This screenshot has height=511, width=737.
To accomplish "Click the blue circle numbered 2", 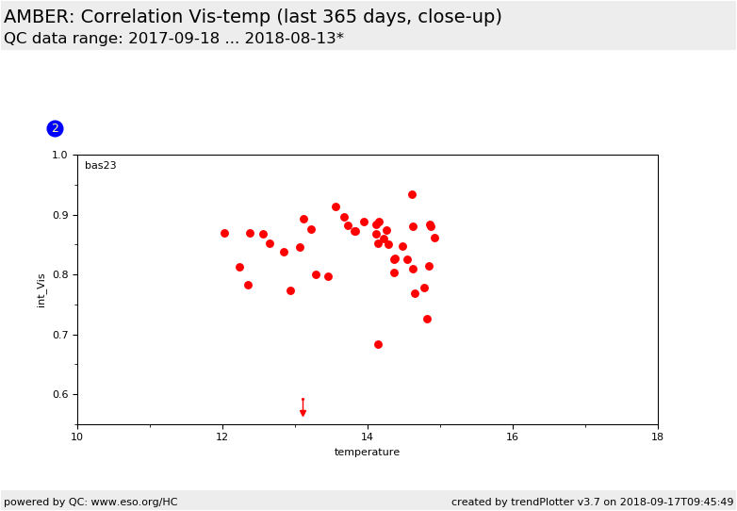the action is [x=55, y=128].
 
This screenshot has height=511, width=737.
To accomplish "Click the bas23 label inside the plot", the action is [x=101, y=166].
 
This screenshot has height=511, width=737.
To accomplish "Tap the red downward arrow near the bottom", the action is [x=303, y=407].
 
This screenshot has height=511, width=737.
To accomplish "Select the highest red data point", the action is [x=412, y=194].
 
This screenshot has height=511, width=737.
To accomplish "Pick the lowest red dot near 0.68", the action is [x=378, y=344].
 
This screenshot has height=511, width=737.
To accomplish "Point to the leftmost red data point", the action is [x=224, y=233].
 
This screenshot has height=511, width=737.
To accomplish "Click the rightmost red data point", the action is [x=434, y=238].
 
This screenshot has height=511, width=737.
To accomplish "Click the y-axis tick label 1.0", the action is [x=59, y=155].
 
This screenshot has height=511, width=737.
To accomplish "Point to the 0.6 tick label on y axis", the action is [x=59, y=394].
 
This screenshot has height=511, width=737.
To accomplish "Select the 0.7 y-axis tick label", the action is [x=59, y=335].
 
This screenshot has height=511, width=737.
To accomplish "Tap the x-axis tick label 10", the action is [x=77, y=437].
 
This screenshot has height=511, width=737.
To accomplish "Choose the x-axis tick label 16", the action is [x=513, y=437].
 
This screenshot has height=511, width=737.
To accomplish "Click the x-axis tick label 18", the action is [x=658, y=437].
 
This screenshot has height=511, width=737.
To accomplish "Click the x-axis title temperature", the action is [x=368, y=452].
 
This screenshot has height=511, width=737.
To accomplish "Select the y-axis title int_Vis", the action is [x=41, y=290].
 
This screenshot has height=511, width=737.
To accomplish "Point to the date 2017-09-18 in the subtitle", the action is [x=174, y=38].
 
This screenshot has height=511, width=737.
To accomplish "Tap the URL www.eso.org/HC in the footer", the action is [x=134, y=503].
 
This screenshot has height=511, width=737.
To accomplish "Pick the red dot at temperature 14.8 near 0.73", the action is [x=427, y=320].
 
